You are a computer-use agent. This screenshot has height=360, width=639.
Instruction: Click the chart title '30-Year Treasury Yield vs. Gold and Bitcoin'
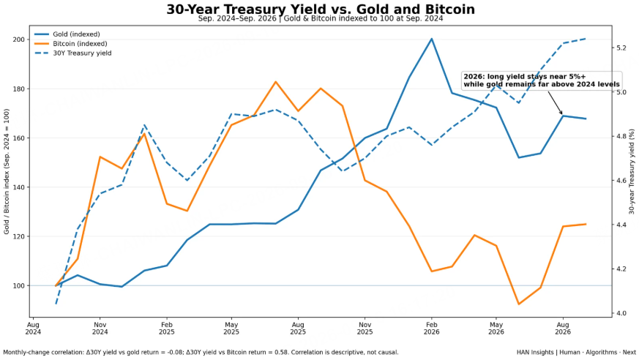pyautogui.click(x=321, y=9)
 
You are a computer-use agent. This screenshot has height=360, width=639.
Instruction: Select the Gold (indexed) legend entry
pyautogui.click(x=67, y=34)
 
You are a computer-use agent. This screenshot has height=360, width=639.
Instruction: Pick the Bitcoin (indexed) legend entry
pyautogui.click(x=70, y=44)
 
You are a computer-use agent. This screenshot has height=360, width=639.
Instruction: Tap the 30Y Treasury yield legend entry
pyautogui.click(x=73, y=53)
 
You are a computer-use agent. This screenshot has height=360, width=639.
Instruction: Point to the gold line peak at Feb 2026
pyautogui.click(x=432, y=39)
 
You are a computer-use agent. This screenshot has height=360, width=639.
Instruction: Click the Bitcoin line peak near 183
pyautogui.click(x=275, y=82)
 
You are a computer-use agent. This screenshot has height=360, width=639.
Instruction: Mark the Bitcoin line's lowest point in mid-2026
pyautogui.click(x=519, y=304)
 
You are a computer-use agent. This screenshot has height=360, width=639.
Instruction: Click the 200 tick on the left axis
pyautogui.click(x=19, y=40)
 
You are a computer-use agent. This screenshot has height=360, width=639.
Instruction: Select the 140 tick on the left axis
pyautogui.click(x=19, y=187)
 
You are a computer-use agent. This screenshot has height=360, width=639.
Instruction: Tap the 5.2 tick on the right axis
pyautogui.click(x=621, y=48)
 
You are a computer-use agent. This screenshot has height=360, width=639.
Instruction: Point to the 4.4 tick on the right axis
pyautogui.click(x=621, y=225)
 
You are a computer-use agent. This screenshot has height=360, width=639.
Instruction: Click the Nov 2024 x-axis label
pyautogui.click(x=100, y=329)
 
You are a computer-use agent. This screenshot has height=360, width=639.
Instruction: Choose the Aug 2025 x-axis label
pyautogui.click(x=298, y=329)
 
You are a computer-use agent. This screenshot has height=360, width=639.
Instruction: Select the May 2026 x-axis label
pyautogui.click(x=496, y=329)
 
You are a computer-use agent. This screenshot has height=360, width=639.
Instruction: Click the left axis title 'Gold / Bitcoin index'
pyautogui.click(x=7, y=171)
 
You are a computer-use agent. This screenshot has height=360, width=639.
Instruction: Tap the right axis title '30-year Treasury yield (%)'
pyautogui.click(x=632, y=171)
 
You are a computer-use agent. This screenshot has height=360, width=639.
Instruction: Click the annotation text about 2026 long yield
pyautogui.click(x=542, y=80)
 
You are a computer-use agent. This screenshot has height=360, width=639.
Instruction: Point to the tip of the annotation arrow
pyautogui.click(x=562, y=114)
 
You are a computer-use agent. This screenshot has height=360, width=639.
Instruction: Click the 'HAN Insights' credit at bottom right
pyautogui.click(x=576, y=352)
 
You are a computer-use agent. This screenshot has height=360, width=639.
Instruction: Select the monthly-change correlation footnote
pyautogui.click(x=201, y=352)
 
